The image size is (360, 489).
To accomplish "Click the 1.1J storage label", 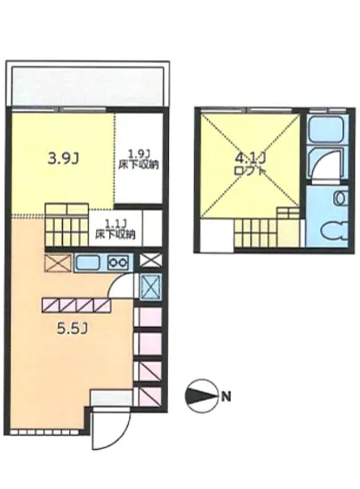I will tap(115, 229).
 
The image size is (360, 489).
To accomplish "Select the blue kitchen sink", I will tap(89, 263).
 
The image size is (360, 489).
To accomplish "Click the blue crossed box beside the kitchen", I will tap(150, 287).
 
